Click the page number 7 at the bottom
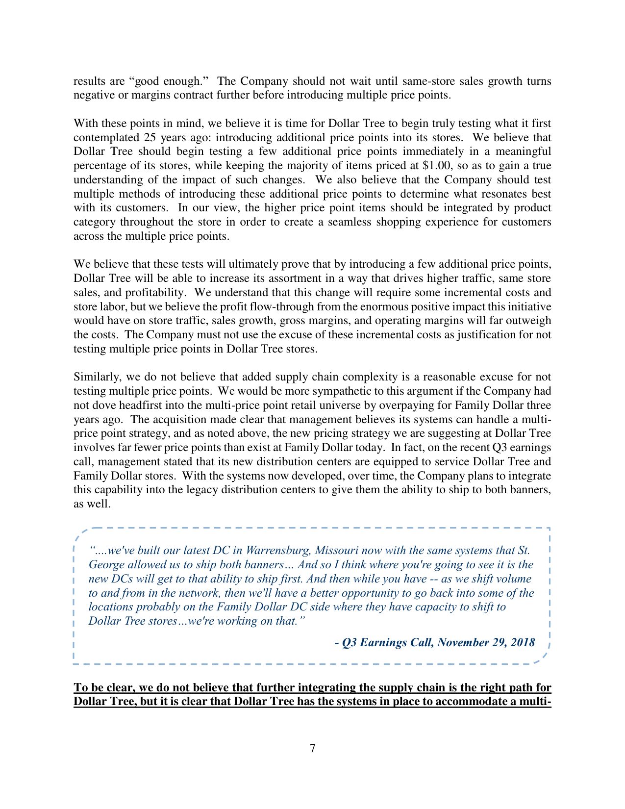point(312,748)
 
